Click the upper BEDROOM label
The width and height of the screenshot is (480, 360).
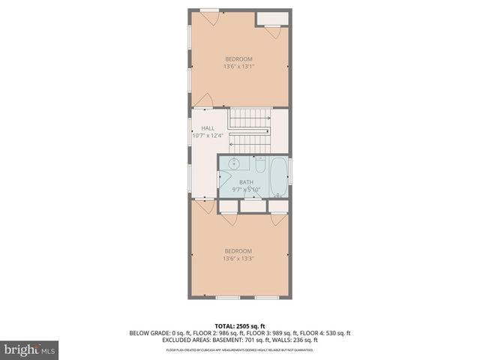(238, 58)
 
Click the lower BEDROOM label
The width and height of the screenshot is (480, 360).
(238, 250)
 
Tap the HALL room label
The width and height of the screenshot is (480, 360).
(208, 128)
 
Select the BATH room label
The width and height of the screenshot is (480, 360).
(246, 182)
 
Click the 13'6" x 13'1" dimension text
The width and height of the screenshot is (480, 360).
(238, 67)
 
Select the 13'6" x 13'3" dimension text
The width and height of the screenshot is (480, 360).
(238, 259)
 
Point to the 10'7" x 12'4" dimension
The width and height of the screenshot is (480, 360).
(208, 136)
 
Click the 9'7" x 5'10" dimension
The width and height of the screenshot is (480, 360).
(246, 190)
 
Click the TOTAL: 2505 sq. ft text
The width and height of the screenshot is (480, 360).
(240, 325)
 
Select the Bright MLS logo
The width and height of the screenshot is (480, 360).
(30, 349)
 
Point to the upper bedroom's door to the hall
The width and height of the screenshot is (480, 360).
(204, 100)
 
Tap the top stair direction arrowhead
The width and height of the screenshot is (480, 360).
(269, 118)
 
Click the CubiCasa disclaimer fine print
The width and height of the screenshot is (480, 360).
(240, 350)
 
